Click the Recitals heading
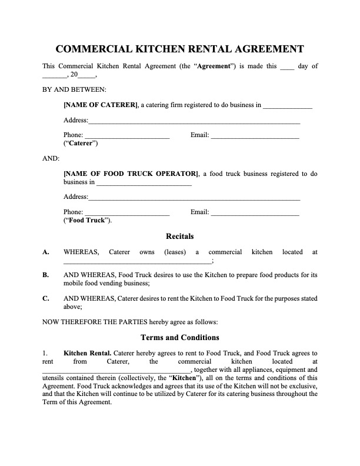pyautogui.click(x=180, y=237)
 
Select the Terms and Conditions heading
pyautogui.click(x=180, y=338)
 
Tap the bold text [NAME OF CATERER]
pyautogui.click(x=101, y=105)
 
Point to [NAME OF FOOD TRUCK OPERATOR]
pyautogui.click(x=130, y=174)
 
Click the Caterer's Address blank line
pyautogui.click(x=194, y=122)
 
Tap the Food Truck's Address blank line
pyautogui.click(x=194, y=198)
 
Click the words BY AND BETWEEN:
pyautogui.click(x=74, y=90)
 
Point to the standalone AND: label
pyautogui.click(x=51, y=158)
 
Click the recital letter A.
pyautogui.click(x=46, y=252)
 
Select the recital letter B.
pyautogui.click(x=46, y=275)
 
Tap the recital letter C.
pyautogui.click(x=46, y=298)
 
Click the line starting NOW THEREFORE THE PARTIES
pyautogui.click(x=131, y=322)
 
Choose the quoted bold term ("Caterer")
pyautogui.click(x=81, y=144)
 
